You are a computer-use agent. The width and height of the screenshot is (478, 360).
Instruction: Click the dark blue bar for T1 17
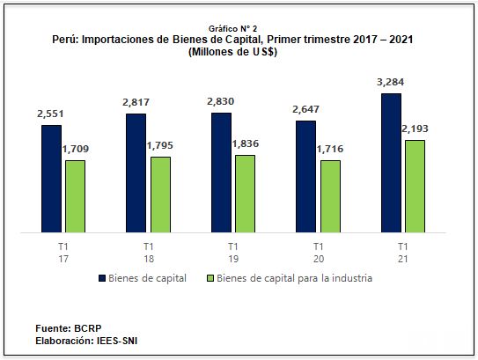point(51,180)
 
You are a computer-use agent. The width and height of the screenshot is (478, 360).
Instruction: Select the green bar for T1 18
point(160,195)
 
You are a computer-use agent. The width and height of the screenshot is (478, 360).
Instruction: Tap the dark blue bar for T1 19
point(221,173)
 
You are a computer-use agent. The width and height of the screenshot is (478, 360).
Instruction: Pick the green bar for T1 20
point(331,197)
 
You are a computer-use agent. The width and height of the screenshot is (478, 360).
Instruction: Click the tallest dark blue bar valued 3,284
point(392,164)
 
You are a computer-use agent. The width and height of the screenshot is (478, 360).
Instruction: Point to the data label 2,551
point(51,114)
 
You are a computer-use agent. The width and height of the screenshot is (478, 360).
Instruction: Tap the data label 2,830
point(221,102)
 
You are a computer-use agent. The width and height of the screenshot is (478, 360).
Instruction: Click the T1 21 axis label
point(402,252)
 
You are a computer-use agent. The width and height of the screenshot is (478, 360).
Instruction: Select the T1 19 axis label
point(232,252)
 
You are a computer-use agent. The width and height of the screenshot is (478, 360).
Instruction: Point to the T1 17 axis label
point(63,252)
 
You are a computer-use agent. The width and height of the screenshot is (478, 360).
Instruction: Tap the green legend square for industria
point(210,278)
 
